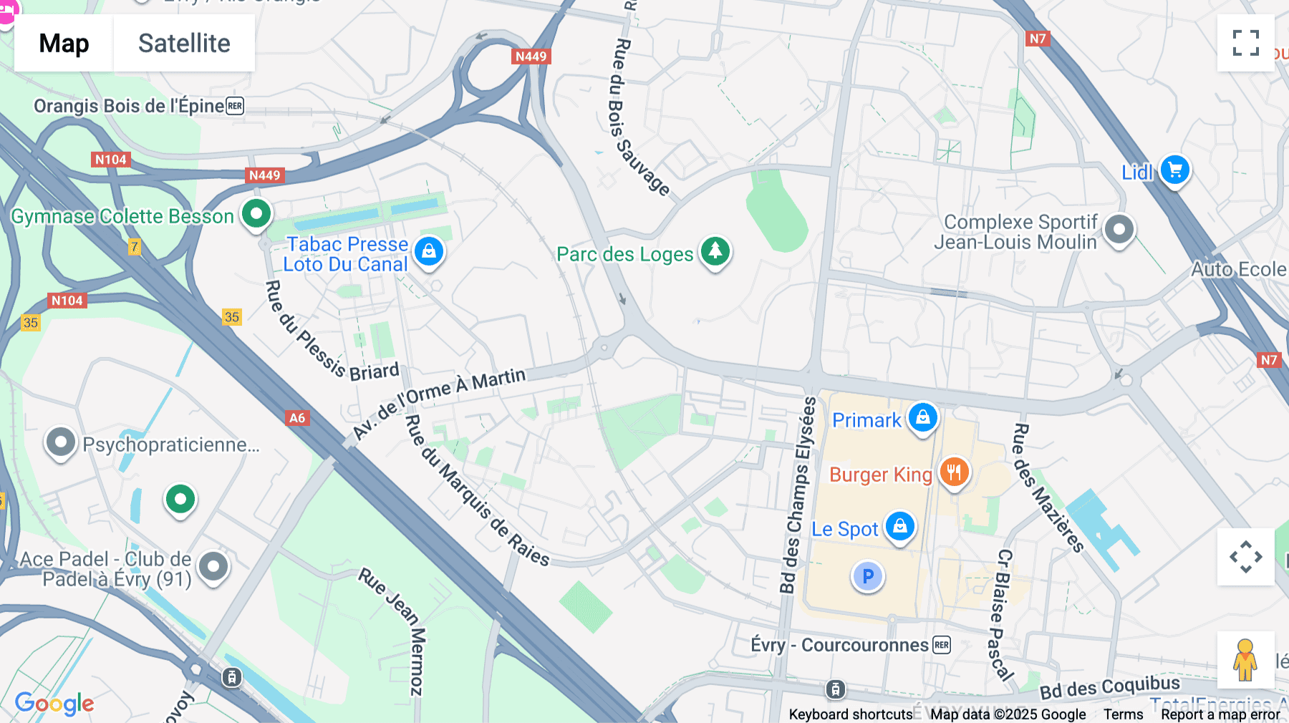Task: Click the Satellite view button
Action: click(x=184, y=43)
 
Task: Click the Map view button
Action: click(x=64, y=43)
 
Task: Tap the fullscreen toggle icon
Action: click(x=1245, y=43)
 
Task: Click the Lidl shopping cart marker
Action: click(x=1174, y=170)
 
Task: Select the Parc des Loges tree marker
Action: click(x=715, y=251)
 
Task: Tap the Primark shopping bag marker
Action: click(x=922, y=417)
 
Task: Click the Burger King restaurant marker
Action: click(x=954, y=472)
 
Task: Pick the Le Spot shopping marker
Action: click(x=899, y=526)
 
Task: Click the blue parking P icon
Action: click(x=868, y=576)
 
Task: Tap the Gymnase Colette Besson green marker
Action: click(x=256, y=213)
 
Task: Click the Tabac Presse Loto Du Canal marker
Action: click(x=429, y=251)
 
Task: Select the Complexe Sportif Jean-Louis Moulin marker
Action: click(x=1119, y=230)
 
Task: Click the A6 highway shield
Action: click(x=297, y=418)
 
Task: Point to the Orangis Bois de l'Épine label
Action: click(x=129, y=106)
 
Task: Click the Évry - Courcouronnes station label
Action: click(x=839, y=645)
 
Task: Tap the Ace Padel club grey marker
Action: click(x=213, y=567)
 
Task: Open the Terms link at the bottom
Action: click(x=1123, y=714)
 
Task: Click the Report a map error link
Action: click(x=1220, y=714)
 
